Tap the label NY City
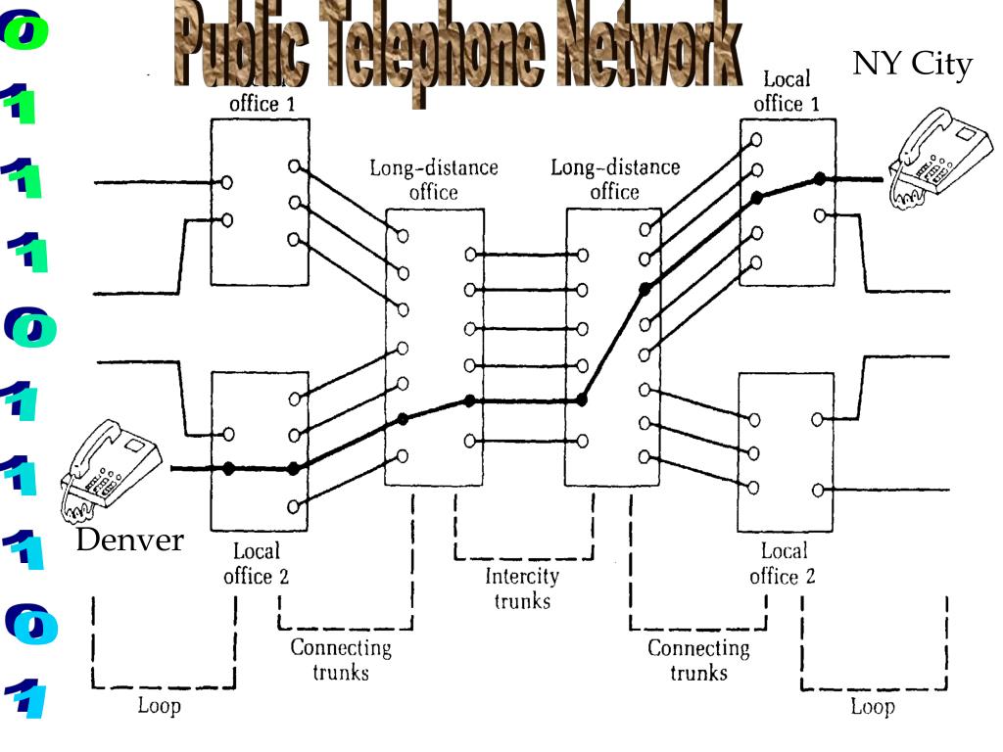(x=912, y=65)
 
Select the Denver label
(x=130, y=540)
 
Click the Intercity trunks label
(x=522, y=588)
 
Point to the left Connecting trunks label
(x=341, y=660)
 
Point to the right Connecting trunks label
(x=699, y=660)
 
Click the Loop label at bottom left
(x=159, y=706)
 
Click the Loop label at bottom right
(x=872, y=706)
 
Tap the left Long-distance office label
(x=433, y=180)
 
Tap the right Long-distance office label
(x=615, y=180)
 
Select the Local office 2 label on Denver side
(x=257, y=564)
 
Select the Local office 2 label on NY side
(x=784, y=564)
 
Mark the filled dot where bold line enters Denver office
(x=228, y=469)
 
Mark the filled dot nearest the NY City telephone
(x=818, y=178)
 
